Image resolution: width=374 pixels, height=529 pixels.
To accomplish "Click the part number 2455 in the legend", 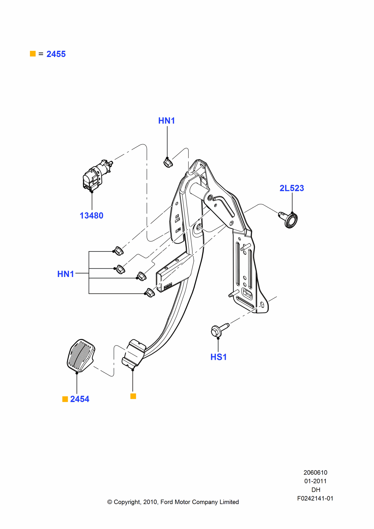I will (x=56, y=54).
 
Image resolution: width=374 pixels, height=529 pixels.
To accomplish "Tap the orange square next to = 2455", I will (x=33, y=54).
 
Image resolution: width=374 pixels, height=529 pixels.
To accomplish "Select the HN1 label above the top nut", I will (x=167, y=121).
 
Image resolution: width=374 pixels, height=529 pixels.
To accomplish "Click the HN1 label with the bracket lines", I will (x=66, y=274).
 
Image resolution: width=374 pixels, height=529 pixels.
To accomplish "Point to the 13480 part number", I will (x=91, y=216).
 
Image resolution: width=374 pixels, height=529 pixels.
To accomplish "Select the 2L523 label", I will (x=292, y=188).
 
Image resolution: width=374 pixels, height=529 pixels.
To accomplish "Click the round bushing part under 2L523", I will (x=290, y=220).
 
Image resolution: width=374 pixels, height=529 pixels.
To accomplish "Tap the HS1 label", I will (x=218, y=357).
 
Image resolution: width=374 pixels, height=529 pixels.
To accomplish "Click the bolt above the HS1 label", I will (x=218, y=330).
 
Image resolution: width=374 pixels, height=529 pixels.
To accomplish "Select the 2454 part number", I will (x=80, y=399).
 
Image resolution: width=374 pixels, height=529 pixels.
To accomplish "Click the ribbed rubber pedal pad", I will (x=81, y=355).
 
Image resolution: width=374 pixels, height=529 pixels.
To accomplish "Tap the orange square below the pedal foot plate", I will (x=133, y=396).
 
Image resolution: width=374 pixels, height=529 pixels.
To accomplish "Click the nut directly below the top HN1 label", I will (x=168, y=163).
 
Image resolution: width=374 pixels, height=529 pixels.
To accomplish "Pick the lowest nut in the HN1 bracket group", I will (x=150, y=293).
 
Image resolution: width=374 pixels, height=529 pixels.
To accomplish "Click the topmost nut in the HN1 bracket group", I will (x=119, y=251).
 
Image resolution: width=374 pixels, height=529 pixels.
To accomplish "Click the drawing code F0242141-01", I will (x=315, y=498).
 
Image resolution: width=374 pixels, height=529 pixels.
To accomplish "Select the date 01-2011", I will (x=315, y=481).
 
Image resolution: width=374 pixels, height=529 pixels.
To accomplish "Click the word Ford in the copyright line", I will (x=167, y=502).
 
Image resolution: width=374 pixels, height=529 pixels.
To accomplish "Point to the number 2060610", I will (x=315, y=473).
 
